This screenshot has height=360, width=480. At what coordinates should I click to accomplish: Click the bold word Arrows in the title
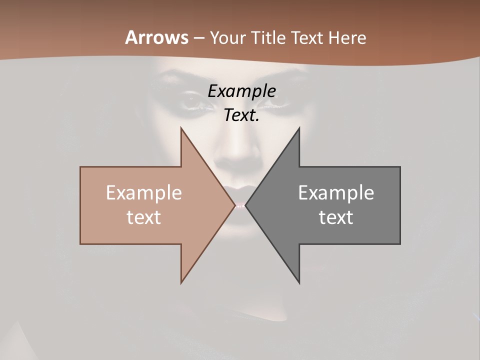click(156, 37)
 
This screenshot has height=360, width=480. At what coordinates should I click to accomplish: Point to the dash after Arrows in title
click(199, 38)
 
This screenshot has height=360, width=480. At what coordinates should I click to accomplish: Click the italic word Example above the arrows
click(241, 91)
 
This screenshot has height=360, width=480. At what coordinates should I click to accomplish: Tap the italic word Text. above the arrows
click(241, 115)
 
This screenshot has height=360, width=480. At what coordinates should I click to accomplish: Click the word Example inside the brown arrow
click(144, 192)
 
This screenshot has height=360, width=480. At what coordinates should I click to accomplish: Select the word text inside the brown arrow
click(144, 217)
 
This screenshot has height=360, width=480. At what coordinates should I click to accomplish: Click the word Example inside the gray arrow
click(336, 192)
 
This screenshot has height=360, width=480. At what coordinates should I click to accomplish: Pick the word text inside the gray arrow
click(336, 217)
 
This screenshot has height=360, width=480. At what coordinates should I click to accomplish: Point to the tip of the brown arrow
click(234, 205)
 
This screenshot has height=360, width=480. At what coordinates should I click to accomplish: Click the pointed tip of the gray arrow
click(246, 205)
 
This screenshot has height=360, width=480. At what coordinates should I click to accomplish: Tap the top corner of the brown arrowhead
click(181, 128)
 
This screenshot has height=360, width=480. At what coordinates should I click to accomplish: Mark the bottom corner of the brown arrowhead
click(181, 282)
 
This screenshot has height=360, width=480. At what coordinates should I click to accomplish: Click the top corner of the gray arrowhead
click(299, 128)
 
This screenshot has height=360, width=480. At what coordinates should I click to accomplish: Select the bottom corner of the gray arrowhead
click(299, 283)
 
